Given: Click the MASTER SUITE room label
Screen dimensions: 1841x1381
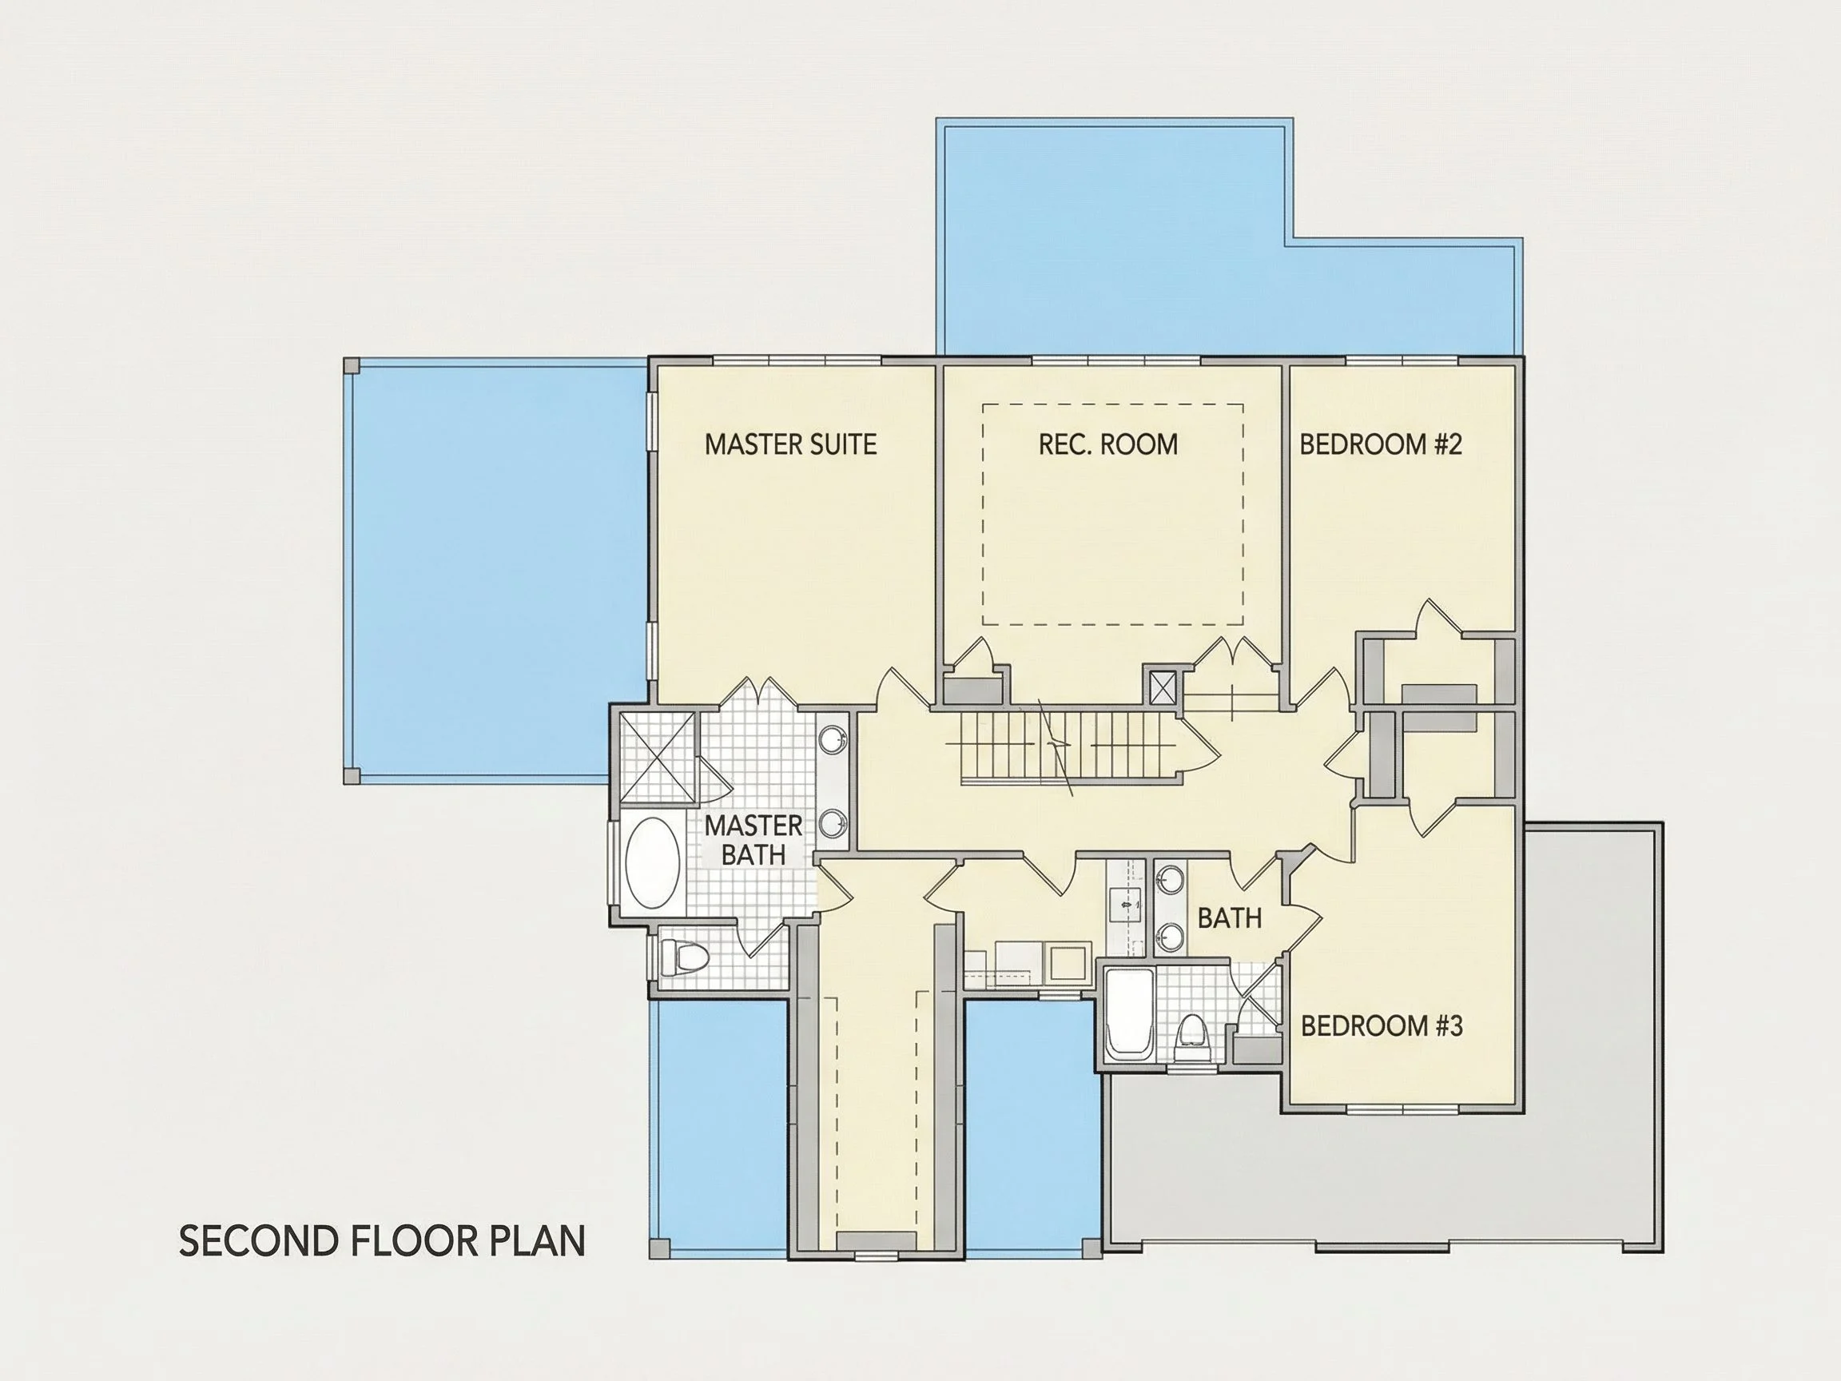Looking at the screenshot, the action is [791, 444].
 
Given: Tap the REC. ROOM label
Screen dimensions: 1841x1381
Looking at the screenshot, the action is [1107, 444].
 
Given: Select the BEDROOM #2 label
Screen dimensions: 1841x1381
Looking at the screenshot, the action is [1381, 444].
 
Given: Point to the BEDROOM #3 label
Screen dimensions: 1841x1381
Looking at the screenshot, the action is [1382, 1025].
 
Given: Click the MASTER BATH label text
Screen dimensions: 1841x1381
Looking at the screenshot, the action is [753, 840].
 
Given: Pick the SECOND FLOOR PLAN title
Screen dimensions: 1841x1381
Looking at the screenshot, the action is [382, 1241].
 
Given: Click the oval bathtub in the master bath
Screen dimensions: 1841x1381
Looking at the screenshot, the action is [653, 862].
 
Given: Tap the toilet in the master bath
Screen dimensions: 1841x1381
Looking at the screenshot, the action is [682, 959].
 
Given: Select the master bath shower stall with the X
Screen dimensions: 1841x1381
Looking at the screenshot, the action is [658, 758].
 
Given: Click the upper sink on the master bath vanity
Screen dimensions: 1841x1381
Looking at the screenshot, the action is [833, 738].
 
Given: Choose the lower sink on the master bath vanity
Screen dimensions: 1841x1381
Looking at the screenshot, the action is [833, 823].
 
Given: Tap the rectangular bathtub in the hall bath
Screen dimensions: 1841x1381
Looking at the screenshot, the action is [1129, 1014].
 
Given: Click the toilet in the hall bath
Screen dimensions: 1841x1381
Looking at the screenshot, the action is [1192, 1037].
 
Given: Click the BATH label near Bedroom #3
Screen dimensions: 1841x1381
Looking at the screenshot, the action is [1229, 918].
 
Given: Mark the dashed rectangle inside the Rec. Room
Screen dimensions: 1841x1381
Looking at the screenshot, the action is [1113, 404].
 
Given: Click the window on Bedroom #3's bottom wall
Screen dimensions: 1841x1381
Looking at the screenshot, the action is [1403, 1108].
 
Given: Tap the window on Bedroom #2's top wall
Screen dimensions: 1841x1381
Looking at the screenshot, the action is [1402, 361].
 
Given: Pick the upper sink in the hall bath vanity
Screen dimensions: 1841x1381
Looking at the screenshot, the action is [1170, 878].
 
